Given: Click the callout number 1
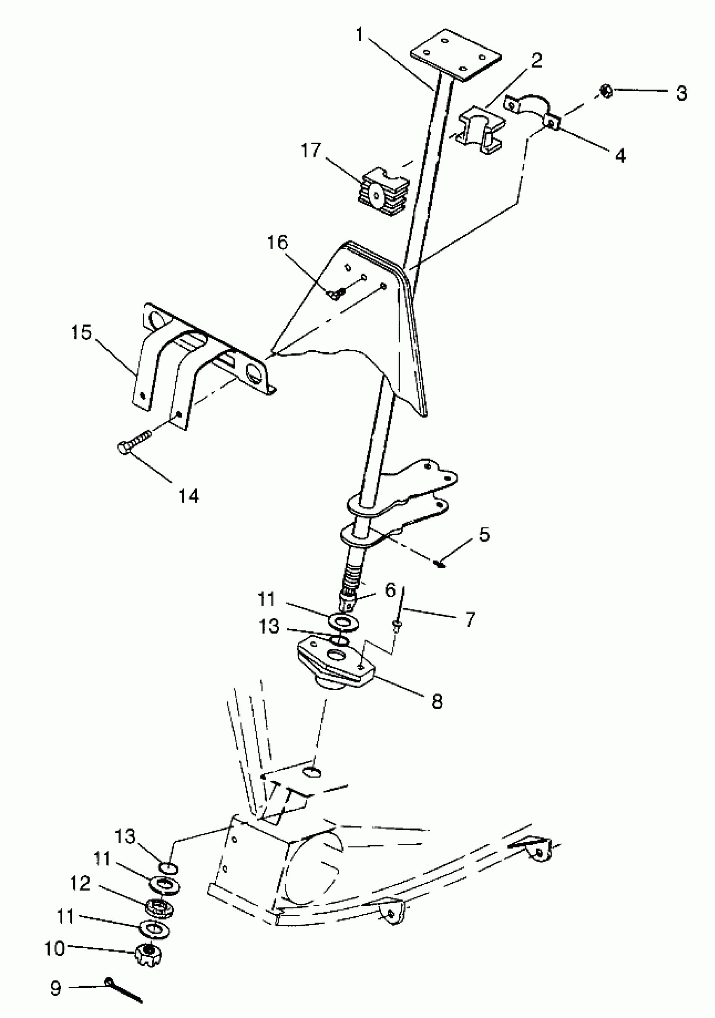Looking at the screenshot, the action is pos(360,34).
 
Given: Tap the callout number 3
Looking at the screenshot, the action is pos(681,93).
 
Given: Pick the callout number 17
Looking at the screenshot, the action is pos(310,150).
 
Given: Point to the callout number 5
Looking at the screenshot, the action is pos(484,534).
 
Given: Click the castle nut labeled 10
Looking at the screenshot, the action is pos(148,951).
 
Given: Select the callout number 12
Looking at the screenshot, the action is pos(80,883).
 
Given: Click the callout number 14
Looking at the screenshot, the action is pos(188,496).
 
